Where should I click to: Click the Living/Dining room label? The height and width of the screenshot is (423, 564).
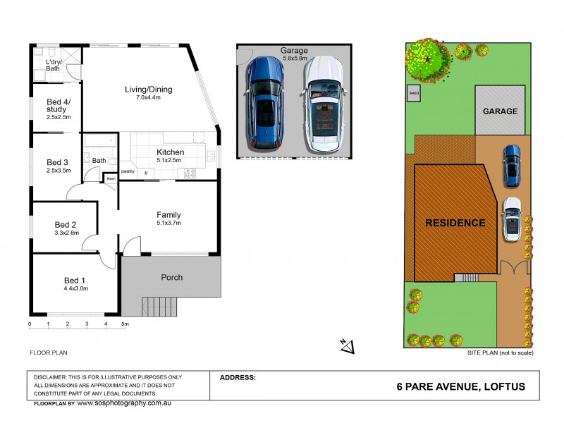point(148,90)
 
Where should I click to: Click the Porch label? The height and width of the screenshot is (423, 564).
point(171,277)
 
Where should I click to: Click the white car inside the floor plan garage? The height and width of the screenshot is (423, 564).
point(323,104)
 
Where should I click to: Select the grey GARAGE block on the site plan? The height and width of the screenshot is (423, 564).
point(500,111)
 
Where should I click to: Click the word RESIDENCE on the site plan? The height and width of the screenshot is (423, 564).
point(455,223)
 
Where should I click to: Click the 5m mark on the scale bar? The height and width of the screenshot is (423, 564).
point(125,324)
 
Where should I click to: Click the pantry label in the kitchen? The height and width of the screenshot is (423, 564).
point(128,171)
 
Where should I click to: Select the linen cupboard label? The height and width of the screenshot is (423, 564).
point(111,179)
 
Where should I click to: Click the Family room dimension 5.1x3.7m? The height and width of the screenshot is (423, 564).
point(168,223)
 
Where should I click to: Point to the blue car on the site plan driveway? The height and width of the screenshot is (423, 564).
point(510,166)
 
